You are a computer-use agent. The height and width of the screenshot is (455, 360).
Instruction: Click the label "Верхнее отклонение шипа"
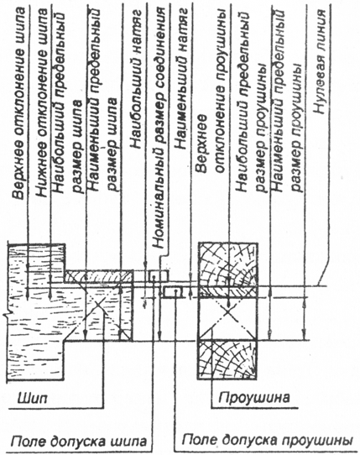18,102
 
